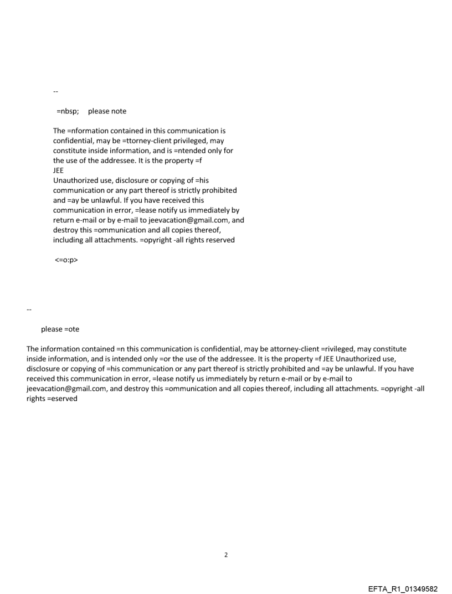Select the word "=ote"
(71, 329)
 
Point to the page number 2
(225, 555)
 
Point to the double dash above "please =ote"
(29, 309)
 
